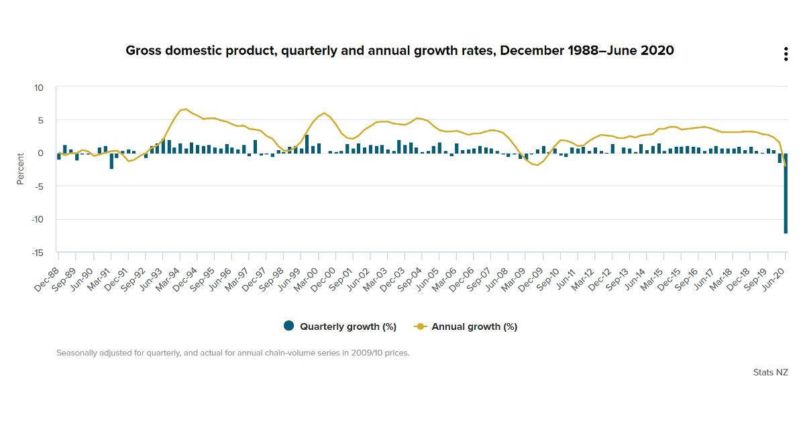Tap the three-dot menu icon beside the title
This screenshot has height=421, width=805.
786,54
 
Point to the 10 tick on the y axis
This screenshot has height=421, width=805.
38,88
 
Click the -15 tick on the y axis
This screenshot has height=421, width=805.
37,253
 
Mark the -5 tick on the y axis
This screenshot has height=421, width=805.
38,186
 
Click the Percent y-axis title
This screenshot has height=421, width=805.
21,170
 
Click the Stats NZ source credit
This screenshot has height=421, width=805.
770,372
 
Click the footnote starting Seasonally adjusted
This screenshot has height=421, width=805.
232,353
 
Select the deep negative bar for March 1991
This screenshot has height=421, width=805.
111,161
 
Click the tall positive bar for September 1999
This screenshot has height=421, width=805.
307,144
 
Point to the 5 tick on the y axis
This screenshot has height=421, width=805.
40,121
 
